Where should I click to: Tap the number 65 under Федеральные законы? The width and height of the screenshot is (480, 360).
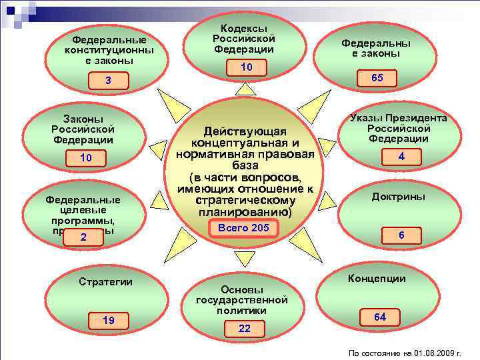pos(377,78)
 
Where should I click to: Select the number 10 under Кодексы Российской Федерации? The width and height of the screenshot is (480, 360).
pos(247,67)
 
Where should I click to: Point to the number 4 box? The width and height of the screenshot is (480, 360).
pos(401,157)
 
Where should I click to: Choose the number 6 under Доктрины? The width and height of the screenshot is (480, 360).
pos(401,235)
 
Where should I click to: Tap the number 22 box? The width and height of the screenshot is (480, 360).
pos(245,329)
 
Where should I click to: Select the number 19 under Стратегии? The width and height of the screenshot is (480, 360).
pos(108,321)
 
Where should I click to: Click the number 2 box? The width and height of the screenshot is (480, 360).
pos(83,238)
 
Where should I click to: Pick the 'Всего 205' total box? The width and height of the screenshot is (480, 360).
pos(242,228)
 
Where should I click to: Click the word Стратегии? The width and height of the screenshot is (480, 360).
pos(105,282)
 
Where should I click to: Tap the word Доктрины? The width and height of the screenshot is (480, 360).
pos(399,197)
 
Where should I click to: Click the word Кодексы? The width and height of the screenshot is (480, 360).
pos(244,29)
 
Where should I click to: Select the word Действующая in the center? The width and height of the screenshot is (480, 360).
pos(245,131)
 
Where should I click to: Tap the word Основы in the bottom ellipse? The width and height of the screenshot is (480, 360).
pos(242,290)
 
